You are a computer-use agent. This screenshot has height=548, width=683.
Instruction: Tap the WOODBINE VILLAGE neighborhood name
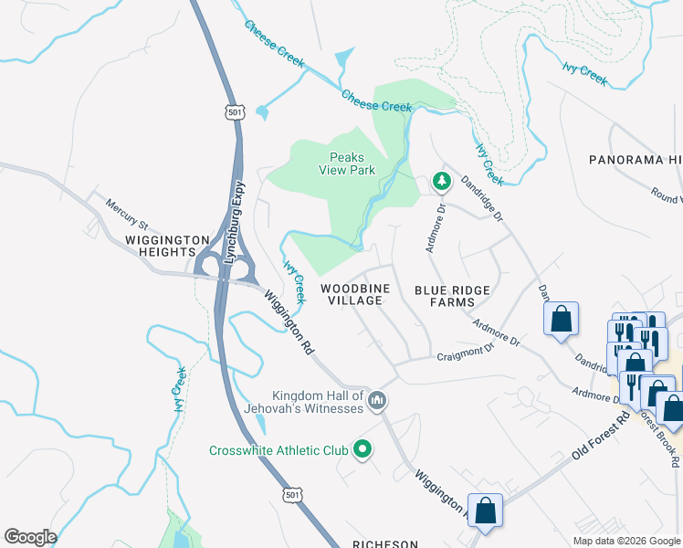[x=355, y=294]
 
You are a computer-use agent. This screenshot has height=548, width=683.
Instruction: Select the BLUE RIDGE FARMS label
[x=452, y=296]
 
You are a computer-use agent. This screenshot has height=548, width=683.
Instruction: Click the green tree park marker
[x=442, y=183]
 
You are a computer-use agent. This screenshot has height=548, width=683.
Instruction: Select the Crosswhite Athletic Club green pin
[x=363, y=448]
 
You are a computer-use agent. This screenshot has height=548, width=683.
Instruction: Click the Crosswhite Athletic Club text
[x=278, y=449]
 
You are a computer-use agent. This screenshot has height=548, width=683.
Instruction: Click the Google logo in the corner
[x=30, y=537]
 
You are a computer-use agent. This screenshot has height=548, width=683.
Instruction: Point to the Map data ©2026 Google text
[x=626, y=541]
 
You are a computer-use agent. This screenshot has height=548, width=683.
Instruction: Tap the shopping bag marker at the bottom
[x=485, y=511]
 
